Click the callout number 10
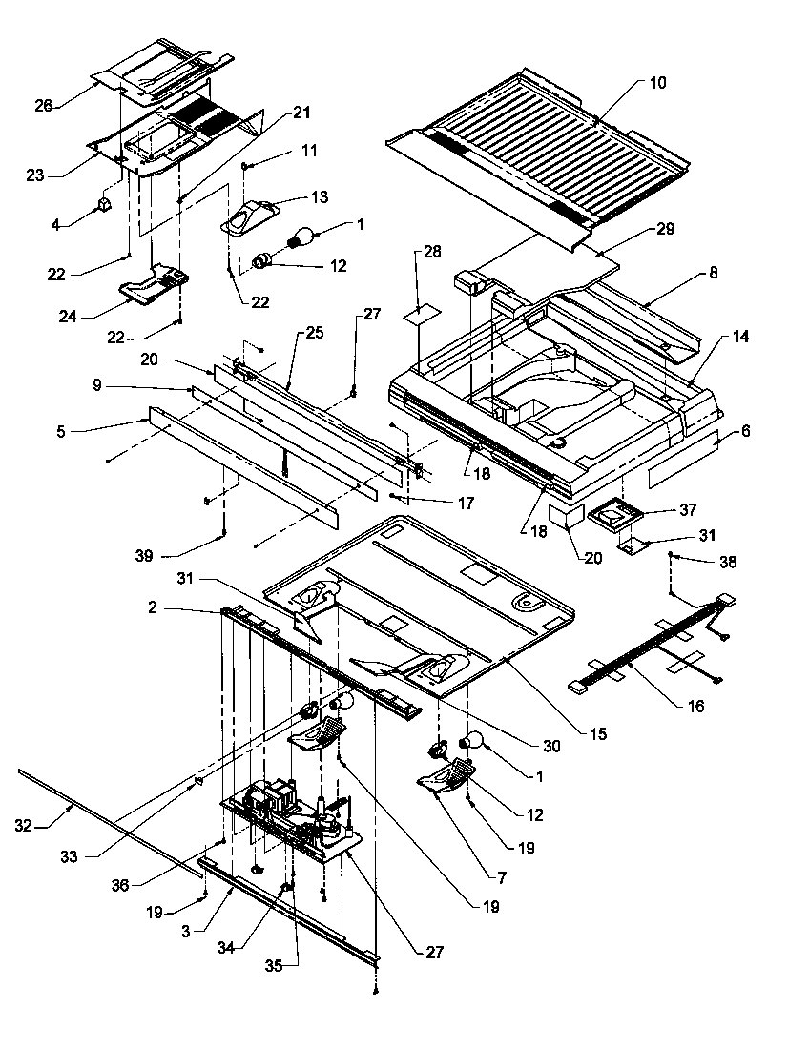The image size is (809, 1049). tap(658, 83)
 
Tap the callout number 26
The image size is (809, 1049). tap(44, 105)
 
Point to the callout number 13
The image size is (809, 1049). tap(319, 197)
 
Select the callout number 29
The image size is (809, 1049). tap(664, 230)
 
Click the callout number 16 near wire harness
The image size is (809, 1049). tap(696, 706)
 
